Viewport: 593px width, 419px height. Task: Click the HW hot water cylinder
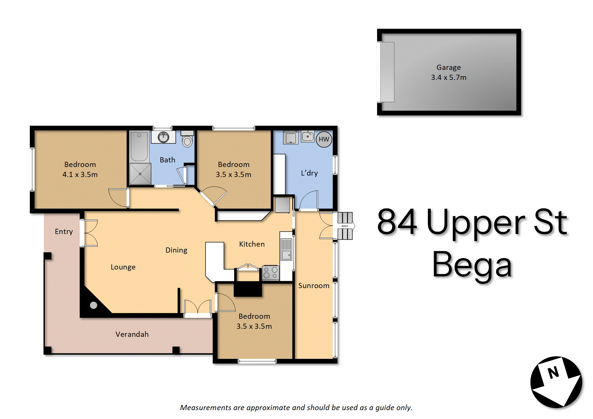[324, 139]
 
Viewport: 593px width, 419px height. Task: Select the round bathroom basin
[163, 137]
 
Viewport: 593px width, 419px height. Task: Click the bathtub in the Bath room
[139, 146]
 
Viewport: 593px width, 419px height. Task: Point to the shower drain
[140, 174]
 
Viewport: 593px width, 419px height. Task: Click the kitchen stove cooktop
[271, 273]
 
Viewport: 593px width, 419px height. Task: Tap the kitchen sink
[286, 249]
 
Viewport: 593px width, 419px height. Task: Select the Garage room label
[449, 68]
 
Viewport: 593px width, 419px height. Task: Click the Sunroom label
[314, 286]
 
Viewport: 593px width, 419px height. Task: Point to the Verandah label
[132, 334]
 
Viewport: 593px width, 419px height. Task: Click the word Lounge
[123, 267]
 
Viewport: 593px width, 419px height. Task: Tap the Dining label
[177, 250]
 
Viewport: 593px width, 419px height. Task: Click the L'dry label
[310, 173]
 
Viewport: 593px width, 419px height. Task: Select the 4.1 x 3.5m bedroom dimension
[80, 174]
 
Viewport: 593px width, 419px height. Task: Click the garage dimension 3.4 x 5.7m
[449, 77]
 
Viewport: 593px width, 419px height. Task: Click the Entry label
[64, 232]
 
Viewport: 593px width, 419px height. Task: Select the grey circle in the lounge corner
[93, 305]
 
